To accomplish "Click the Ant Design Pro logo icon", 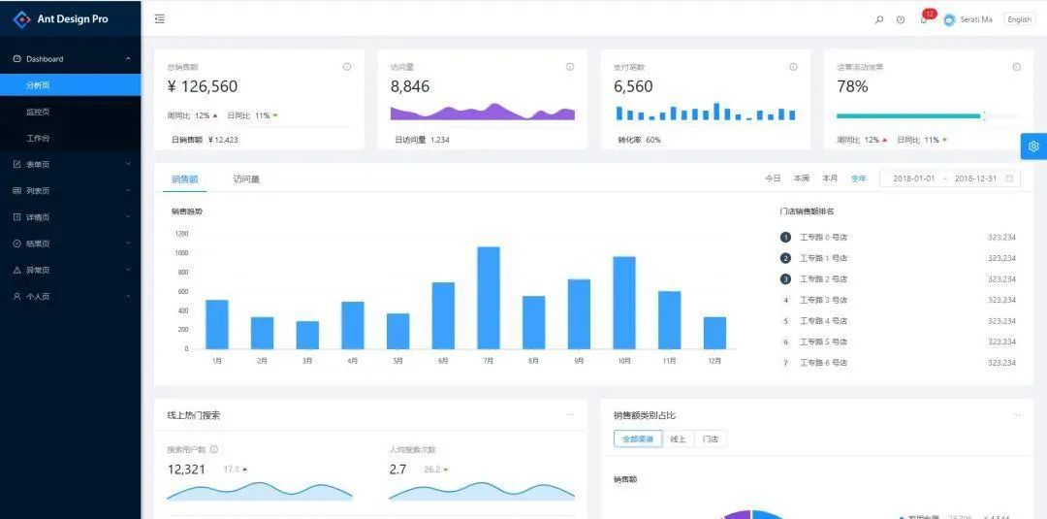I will [x=21, y=18].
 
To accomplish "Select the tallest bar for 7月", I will [x=489, y=297].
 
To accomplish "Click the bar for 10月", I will [x=624, y=302].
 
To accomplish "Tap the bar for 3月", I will [x=307, y=335].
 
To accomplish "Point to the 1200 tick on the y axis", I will [x=181, y=234].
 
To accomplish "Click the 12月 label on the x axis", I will [x=714, y=361].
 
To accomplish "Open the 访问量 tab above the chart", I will [x=246, y=178].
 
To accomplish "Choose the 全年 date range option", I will [x=859, y=178].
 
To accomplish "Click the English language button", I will [x=1019, y=19].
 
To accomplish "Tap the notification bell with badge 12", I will [x=924, y=19].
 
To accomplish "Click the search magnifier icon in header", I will [x=879, y=19].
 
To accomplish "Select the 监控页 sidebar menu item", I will [x=38, y=112].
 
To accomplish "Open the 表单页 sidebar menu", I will [x=38, y=164].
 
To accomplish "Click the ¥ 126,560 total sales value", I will [x=203, y=86].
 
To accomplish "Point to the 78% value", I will [x=852, y=86].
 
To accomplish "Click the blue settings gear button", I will [x=1033, y=146].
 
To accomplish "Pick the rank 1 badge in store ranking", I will [x=785, y=238].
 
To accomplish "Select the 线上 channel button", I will [x=679, y=439].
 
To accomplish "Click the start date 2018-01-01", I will [x=914, y=178].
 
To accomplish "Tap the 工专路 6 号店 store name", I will [x=823, y=363].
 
